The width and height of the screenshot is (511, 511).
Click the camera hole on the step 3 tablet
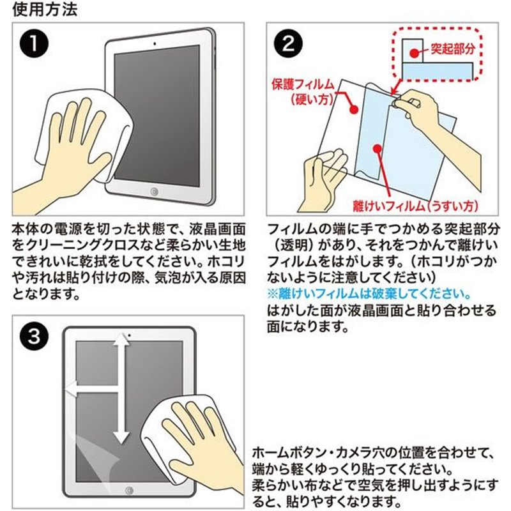(x=129, y=335)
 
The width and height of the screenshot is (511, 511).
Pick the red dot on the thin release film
(x=378, y=149)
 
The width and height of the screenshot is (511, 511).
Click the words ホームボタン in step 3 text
(x=290, y=454)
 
